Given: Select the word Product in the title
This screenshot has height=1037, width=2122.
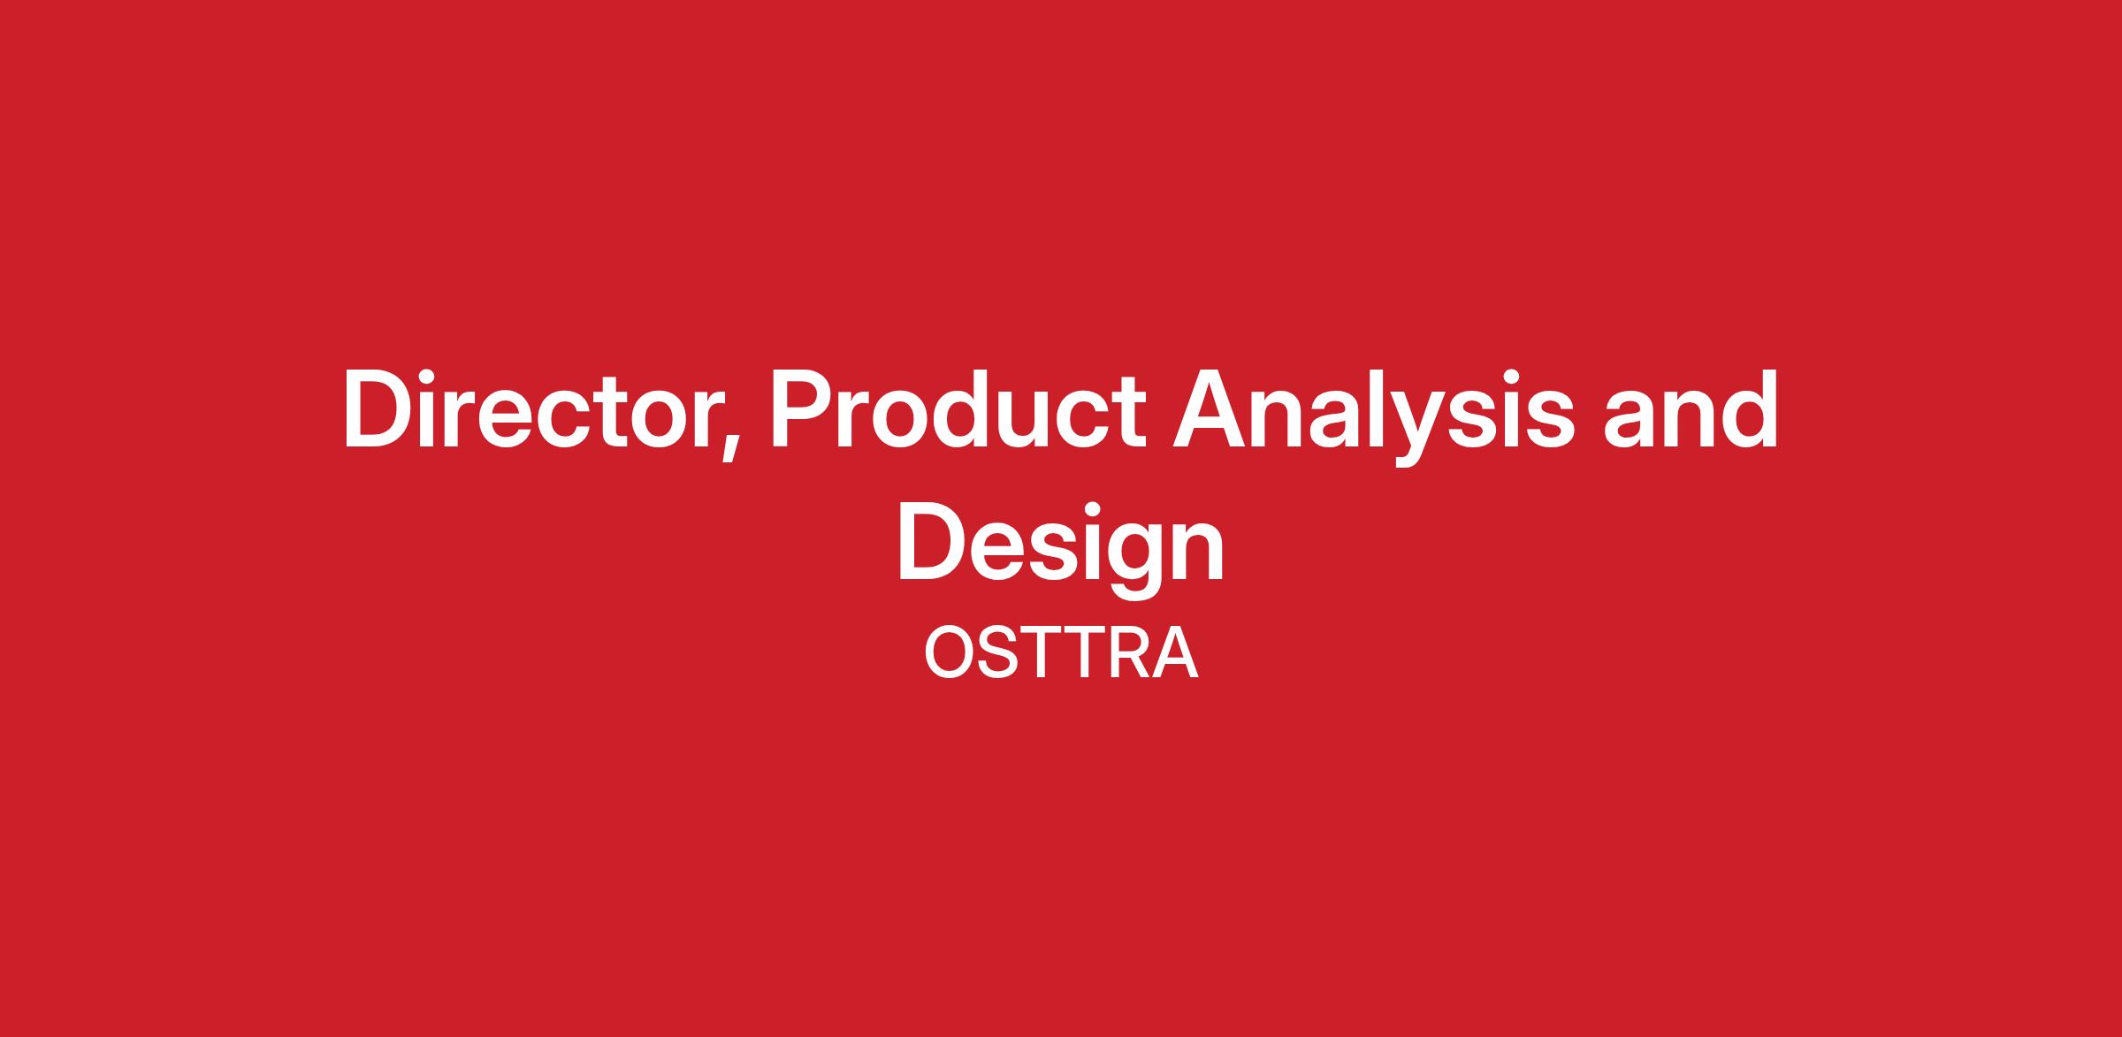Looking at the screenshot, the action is point(960,410).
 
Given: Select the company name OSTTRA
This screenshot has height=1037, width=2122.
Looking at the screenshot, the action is point(1061,653).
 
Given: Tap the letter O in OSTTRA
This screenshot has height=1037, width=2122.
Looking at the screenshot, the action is point(950,653).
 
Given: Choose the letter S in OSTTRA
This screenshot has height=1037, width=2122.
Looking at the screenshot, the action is point(1000,653).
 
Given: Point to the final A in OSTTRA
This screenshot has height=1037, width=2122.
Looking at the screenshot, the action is point(1175,653).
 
